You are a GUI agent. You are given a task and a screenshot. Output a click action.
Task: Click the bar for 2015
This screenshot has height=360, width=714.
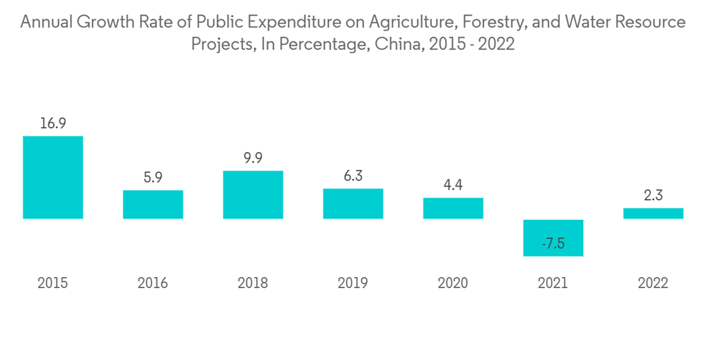(x=53, y=177)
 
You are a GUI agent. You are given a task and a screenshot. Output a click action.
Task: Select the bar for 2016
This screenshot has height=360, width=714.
(x=153, y=204)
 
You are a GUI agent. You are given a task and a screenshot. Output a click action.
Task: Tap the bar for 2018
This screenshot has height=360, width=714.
(x=253, y=194)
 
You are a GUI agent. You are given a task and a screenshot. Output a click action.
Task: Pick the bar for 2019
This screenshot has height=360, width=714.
(x=353, y=204)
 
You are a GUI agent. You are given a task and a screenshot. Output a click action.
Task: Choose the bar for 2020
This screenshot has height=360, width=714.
(x=453, y=208)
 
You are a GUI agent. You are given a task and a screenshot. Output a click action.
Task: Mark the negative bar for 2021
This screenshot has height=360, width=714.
(x=553, y=232)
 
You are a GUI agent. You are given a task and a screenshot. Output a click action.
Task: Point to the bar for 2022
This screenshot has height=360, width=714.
(x=653, y=213)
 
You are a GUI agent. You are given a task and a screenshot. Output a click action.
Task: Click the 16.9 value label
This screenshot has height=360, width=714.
(x=53, y=123)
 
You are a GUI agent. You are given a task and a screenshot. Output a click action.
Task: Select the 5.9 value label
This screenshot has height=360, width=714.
(x=153, y=177)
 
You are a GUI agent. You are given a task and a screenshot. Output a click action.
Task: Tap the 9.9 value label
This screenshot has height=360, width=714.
(x=253, y=158)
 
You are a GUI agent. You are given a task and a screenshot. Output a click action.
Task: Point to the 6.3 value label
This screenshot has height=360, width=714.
(x=353, y=176)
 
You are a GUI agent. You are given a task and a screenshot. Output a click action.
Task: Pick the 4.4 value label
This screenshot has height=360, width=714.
(x=453, y=185)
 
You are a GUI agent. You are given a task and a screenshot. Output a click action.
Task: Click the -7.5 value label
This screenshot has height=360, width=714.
(x=553, y=244)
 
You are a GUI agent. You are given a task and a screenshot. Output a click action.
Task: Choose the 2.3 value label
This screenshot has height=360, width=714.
(x=653, y=195)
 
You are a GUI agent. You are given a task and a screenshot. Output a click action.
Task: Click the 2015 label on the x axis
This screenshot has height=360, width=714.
(x=53, y=284)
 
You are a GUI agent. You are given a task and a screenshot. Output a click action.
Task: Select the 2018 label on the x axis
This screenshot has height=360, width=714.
(x=253, y=284)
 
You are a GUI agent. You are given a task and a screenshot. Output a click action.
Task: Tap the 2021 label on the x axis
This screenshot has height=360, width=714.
(x=553, y=284)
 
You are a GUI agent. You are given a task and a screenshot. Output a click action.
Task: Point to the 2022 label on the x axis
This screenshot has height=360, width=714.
(x=653, y=284)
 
